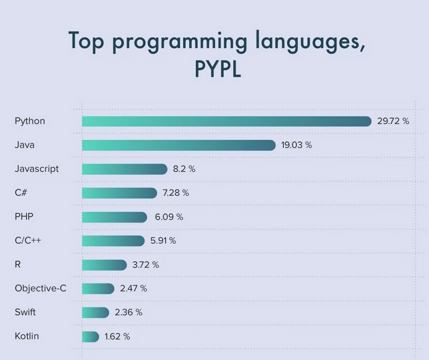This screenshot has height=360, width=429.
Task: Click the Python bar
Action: tap(226, 121)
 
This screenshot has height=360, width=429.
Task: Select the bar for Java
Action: tap(179, 145)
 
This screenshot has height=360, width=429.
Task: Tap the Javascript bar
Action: tap(125, 169)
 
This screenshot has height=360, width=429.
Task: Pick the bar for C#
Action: tap(119, 193)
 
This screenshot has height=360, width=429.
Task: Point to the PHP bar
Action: tap(115, 217)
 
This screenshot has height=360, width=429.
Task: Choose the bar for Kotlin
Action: tap(91, 337)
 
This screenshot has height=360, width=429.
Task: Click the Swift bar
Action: tap(95, 313)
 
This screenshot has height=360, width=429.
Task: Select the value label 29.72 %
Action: tap(393, 121)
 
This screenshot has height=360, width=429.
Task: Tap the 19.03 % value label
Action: tap(296, 145)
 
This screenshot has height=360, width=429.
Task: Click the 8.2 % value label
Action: tap(184, 169)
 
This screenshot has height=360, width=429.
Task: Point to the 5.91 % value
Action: tap(163, 241)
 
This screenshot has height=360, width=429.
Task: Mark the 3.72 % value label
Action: tap(145, 265)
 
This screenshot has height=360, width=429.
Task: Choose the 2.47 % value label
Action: tap(133, 289)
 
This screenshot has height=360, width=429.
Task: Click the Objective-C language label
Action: tap(40, 289)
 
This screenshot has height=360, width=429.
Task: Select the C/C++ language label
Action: tap(28, 241)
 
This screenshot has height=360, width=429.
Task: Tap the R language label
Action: tap(17, 265)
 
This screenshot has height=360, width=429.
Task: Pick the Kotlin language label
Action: tap(27, 336)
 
